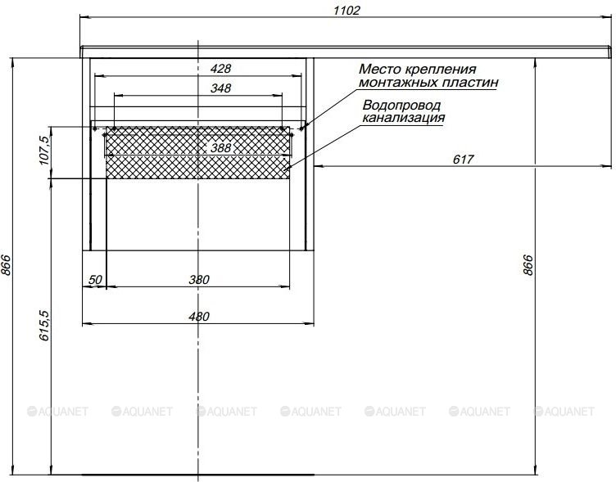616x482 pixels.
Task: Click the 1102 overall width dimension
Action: tap(346, 10)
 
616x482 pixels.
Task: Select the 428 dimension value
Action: tap(221, 69)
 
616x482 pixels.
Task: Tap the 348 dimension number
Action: tap(221, 88)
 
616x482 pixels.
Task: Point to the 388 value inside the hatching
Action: tap(221, 148)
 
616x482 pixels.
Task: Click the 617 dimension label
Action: tap(463, 159)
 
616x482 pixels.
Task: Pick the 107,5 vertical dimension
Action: tap(44, 151)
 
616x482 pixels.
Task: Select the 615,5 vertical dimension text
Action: tap(44, 325)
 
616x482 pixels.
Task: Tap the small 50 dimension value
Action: tap(95, 280)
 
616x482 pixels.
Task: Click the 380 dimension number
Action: tap(199, 280)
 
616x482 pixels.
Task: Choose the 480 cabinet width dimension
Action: tap(199, 317)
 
